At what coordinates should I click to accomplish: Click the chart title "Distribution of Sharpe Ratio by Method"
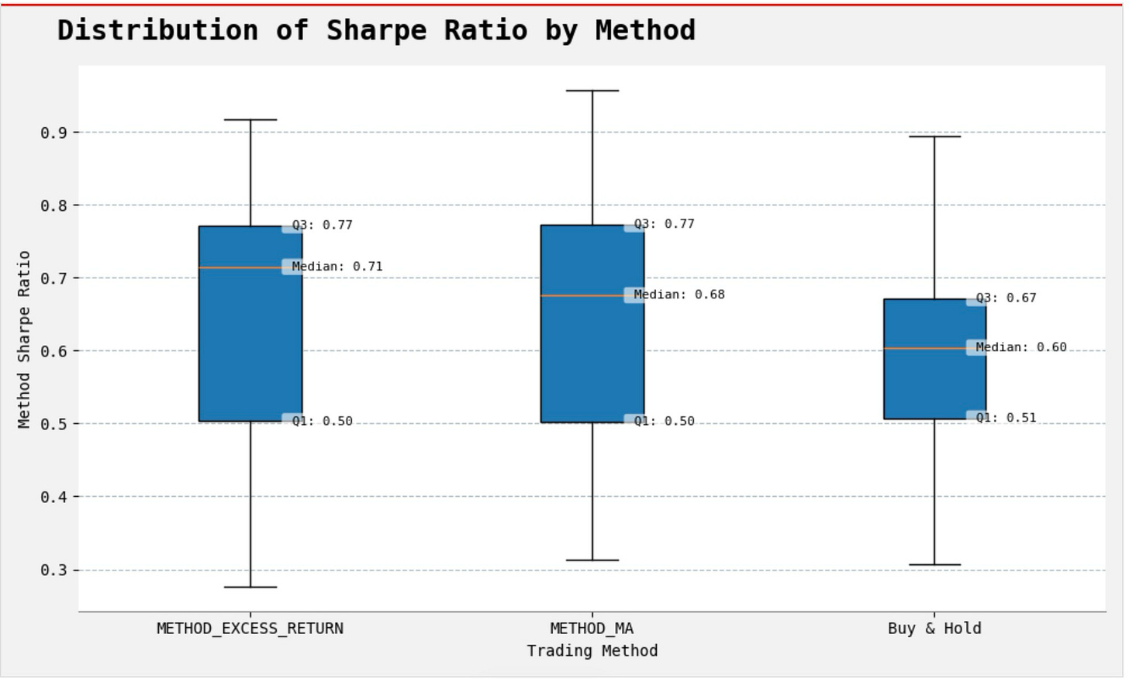click(376, 31)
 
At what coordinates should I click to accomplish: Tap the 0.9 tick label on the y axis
click(54, 133)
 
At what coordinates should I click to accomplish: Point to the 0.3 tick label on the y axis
click(54, 570)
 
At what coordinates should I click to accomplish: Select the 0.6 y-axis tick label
click(54, 351)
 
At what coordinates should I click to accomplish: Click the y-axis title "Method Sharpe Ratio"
click(24, 339)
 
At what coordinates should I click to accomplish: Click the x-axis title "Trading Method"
click(592, 651)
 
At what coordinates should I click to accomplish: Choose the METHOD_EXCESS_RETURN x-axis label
click(250, 629)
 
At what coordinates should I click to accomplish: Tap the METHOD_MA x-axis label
click(592, 629)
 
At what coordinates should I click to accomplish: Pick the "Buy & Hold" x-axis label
click(934, 629)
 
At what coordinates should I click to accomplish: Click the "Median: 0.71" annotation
click(337, 267)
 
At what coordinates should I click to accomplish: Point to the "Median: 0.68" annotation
click(679, 295)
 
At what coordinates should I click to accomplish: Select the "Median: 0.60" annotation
click(1021, 347)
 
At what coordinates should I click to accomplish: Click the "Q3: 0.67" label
click(1006, 298)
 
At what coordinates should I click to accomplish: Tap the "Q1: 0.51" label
click(1006, 418)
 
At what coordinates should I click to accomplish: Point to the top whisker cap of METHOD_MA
click(592, 91)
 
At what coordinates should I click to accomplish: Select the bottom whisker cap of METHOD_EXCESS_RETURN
click(250, 588)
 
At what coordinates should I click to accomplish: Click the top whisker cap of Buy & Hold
click(934, 136)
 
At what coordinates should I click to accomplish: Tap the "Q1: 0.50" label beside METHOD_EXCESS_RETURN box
click(322, 422)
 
